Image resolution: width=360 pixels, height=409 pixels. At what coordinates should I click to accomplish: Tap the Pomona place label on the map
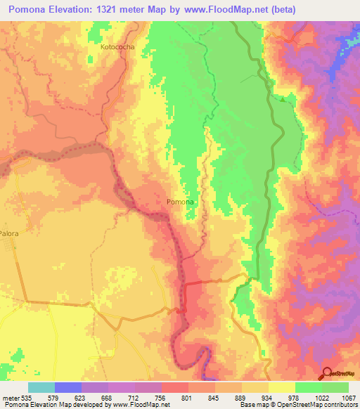[179, 202]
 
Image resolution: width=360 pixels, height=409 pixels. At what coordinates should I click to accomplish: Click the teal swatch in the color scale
[41, 387]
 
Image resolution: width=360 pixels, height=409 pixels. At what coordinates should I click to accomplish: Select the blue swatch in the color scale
[68, 387]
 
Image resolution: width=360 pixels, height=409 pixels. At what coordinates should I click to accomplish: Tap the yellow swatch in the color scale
[282, 387]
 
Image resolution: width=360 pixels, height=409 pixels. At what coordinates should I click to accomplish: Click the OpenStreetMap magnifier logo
[328, 373]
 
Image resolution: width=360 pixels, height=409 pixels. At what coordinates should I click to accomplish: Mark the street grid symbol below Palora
[9, 246]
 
